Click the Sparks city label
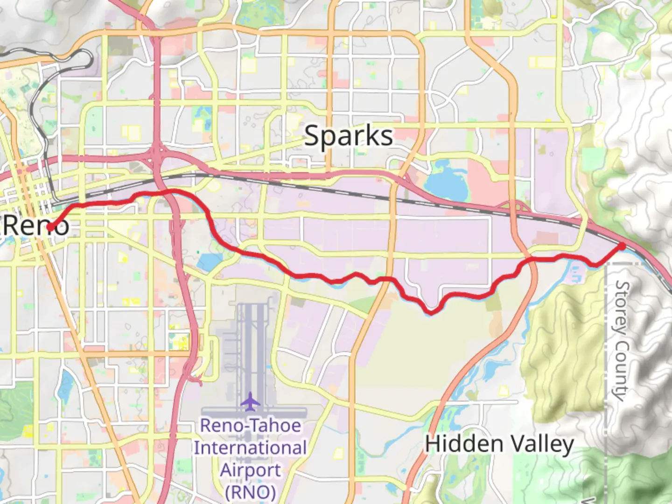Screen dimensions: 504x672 (x=348, y=136)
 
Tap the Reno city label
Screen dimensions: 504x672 (x=35, y=226)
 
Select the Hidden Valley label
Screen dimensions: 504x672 (x=499, y=444)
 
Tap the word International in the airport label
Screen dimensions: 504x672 (x=250, y=448)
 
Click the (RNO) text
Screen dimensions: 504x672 (x=250, y=492)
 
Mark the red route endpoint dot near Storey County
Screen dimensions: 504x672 (x=622, y=246)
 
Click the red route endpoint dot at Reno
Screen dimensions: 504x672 (x=49, y=227)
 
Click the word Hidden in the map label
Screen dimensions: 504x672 (x=464, y=444)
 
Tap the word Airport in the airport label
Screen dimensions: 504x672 (x=250, y=470)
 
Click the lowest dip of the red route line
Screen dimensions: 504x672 (x=432, y=311)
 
